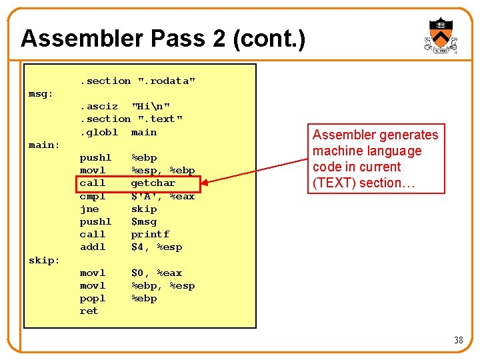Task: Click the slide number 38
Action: (x=458, y=341)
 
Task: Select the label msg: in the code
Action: (x=41, y=93)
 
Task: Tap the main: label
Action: (x=44, y=145)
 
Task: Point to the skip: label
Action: (x=44, y=260)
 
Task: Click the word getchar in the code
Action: (x=153, y=183)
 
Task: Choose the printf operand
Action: (x=150, y=234)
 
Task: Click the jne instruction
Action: (x=89, y=209)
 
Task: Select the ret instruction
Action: (x=89, y=311)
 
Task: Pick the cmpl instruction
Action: (x=93, y=196)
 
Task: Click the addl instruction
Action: (x=93, y=247)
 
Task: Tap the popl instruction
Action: (x=93, y=298)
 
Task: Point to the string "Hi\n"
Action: (x=151, y=106)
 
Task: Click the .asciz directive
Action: (x=99, y=106)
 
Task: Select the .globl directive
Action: (x=99, y=132)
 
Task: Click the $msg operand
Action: (x=143, y=221)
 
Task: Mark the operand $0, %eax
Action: (x=156, y=273)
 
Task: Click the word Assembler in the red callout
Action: (x=344, y=135)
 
